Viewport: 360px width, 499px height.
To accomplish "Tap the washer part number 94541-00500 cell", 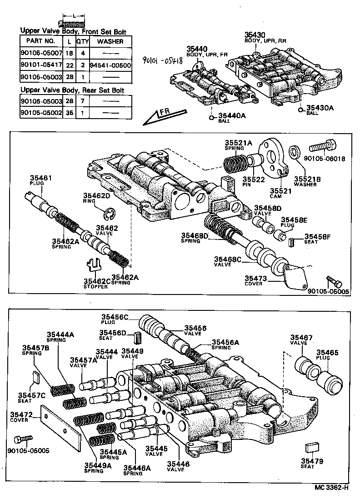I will click(110, 65).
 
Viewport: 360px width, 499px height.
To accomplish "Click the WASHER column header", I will click(110, 41).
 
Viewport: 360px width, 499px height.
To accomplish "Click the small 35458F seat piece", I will click(292, 242).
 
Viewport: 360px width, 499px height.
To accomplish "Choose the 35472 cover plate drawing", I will click(61, 420).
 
